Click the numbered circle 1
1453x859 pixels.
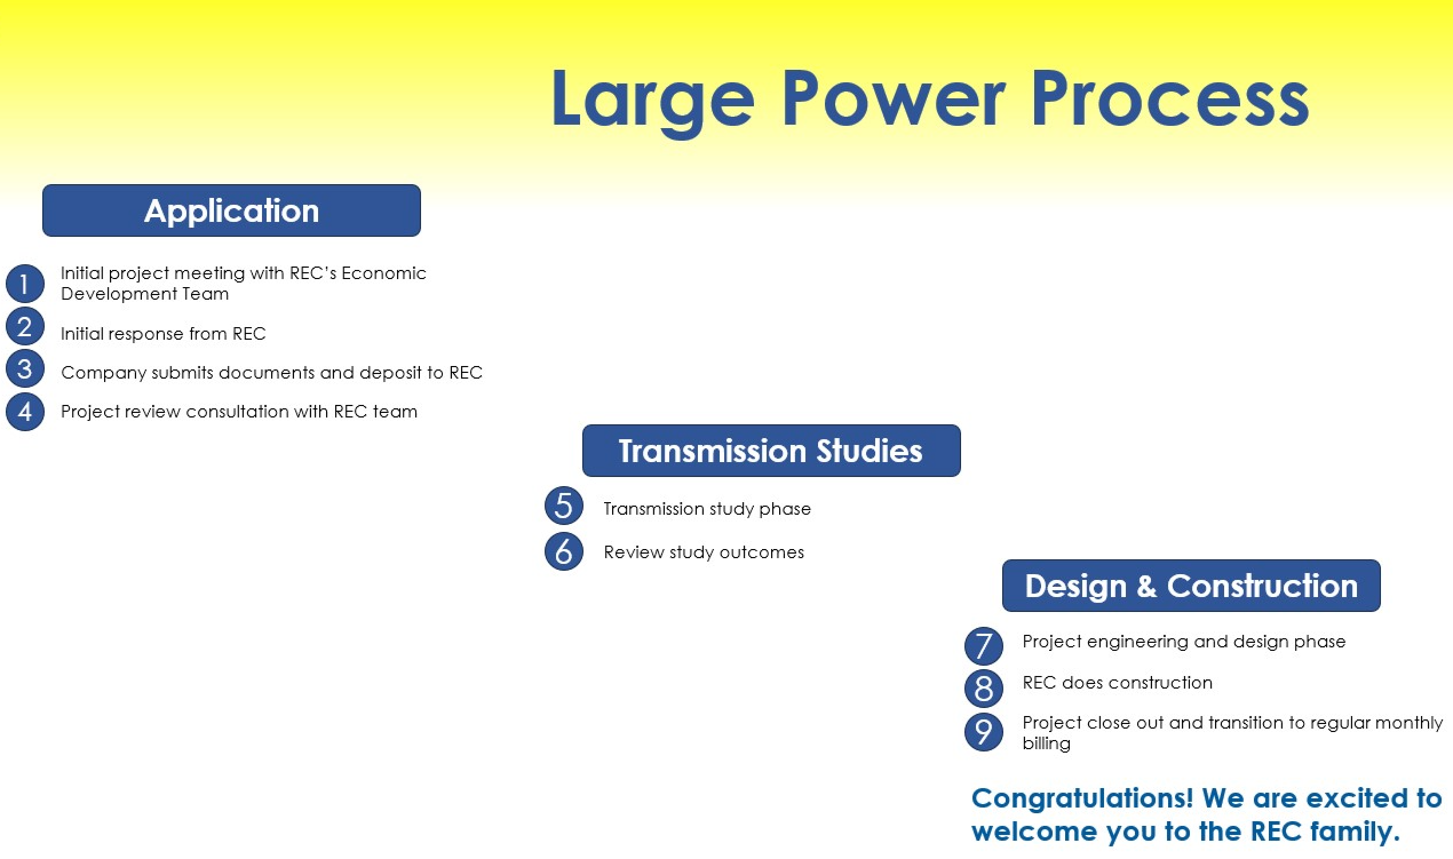pos(25,284)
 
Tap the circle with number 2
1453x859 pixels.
pos(25,327)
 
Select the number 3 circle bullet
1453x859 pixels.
pos(25,369)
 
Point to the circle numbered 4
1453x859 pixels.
pos(25,412)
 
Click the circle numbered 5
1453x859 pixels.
pos(564,506)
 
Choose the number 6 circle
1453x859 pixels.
pos(564,551)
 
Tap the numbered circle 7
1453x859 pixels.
pos(983,646)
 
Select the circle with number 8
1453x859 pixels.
pos(983,688)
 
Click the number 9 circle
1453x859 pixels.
pos(983,732)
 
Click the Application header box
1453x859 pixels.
pos(232,210)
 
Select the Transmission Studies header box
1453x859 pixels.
pos(771,451)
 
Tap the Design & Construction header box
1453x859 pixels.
pos(1191,586)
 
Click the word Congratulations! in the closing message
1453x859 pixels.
pos(1082,798)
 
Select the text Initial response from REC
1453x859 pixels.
pos(163,334)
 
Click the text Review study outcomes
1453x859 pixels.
pos(704,552)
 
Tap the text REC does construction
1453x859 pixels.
pos(1117,683)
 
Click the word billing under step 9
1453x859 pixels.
pos(1046,743)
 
